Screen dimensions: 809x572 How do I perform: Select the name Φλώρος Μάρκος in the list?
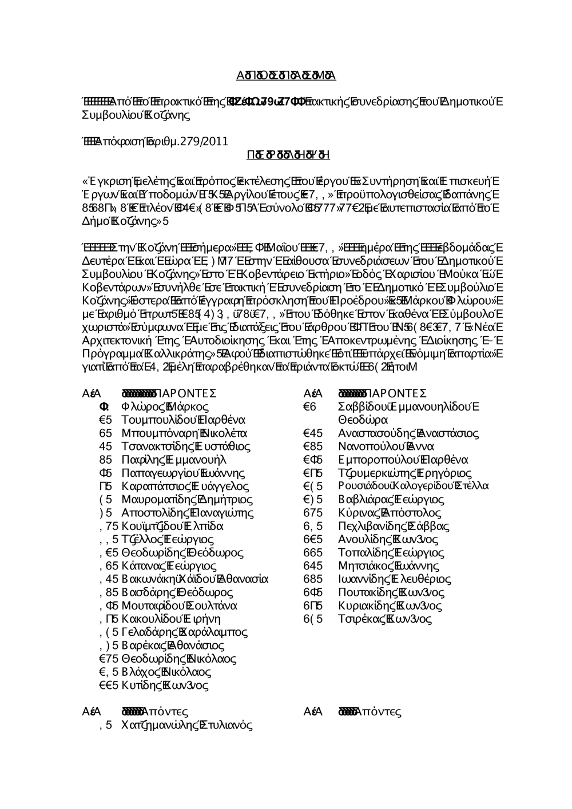165,408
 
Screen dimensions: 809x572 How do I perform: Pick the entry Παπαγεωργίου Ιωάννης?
183,473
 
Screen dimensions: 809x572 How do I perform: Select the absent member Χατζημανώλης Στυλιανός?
187,726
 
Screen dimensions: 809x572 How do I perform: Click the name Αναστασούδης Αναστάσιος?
408,433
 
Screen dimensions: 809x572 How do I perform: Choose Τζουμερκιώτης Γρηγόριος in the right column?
405,473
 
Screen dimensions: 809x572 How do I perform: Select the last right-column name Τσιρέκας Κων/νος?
385,619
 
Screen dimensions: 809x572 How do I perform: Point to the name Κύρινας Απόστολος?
390,513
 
